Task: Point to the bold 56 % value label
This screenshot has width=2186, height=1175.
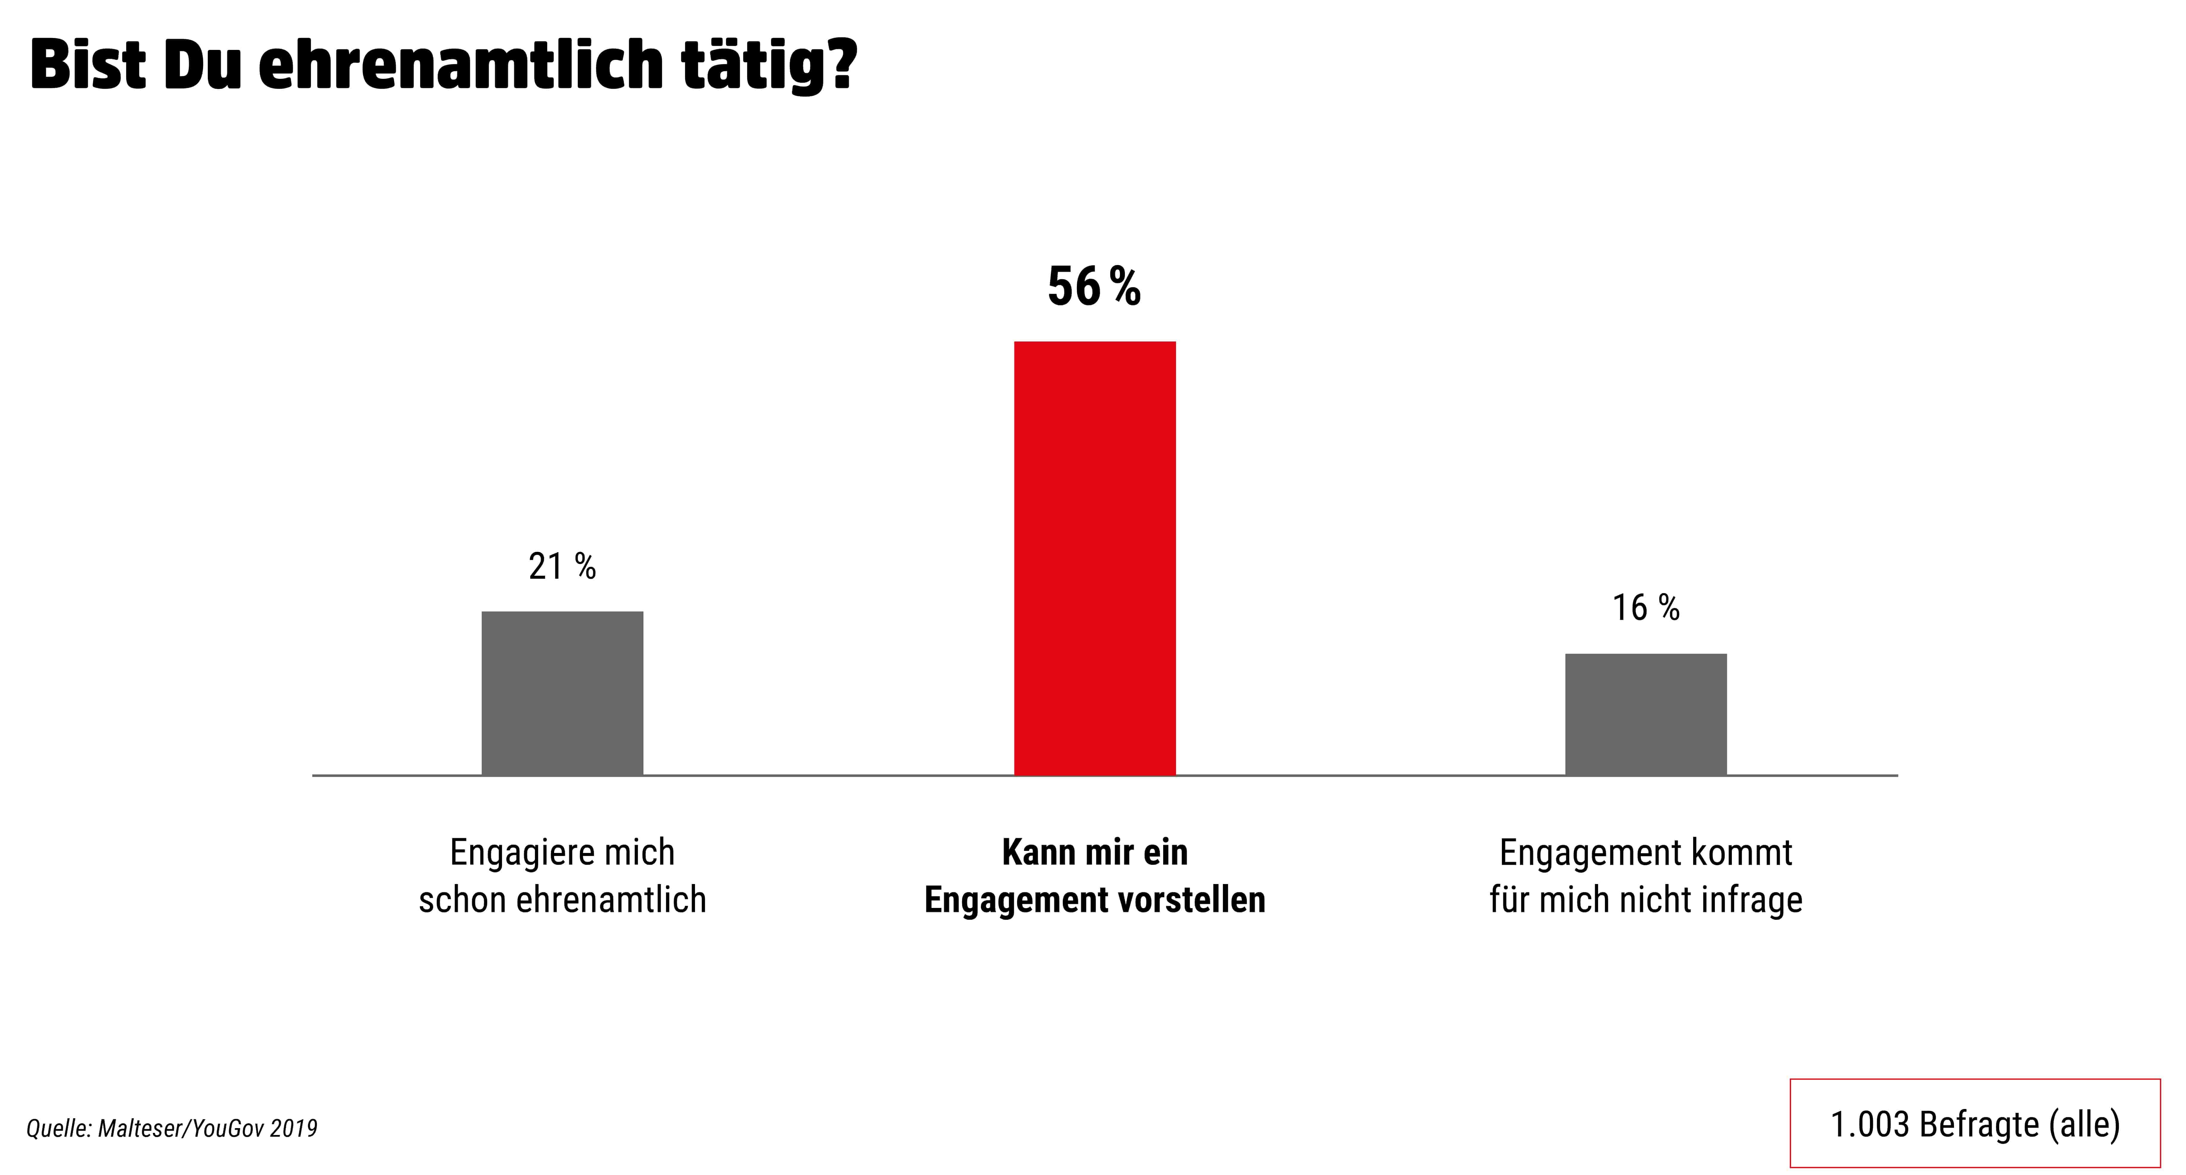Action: (1094, 287)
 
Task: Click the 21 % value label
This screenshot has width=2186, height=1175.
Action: (562, 566)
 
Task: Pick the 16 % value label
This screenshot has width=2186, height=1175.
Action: (1645, 608)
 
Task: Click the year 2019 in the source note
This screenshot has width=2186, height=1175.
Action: (293, 1128)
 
